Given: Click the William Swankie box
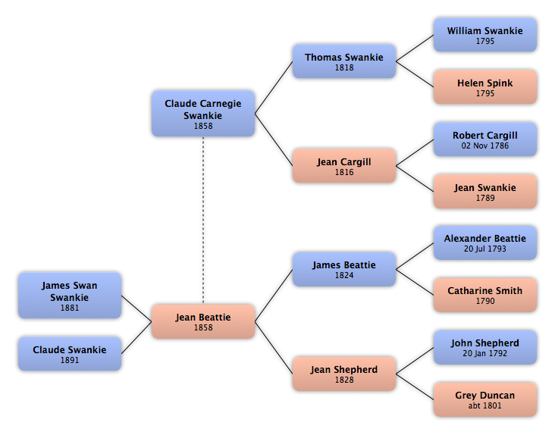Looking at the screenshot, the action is click(x=485, y=35).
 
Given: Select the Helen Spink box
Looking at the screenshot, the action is click(x=485, y=87).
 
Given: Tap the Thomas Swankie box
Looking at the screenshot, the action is click(x=344, y=61).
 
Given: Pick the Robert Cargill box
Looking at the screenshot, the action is click(x=485, y=139).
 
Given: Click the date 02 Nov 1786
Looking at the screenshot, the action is click(x=485, y=146).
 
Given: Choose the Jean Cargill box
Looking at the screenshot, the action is click(x=344, y=165).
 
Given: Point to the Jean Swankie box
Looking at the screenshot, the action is click(x=485, y=191).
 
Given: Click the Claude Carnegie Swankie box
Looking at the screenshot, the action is click(x=203, y=114).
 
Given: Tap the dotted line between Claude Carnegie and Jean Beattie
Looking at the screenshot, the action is click(x=203, y=221).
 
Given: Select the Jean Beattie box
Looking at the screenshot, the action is click(x=203, y=321).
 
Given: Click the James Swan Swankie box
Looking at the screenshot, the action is click(x=70, y=296).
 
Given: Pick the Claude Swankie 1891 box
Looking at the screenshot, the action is click(x=70, y=354).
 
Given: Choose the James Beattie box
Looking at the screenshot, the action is click(x=344, y=269).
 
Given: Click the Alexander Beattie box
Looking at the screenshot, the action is click(x=485, y=243).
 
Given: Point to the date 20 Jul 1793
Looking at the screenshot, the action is click(x=485, y=249).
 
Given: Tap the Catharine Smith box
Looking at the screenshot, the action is click(x=485, y=295).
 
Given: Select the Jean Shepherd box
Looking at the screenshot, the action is click(x=344, y=374).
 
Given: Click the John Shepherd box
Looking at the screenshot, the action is click(x=485, y=347).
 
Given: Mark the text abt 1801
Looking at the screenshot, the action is click(x=485, y=405).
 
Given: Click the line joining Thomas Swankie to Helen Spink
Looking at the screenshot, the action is click(x=415, y=74).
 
